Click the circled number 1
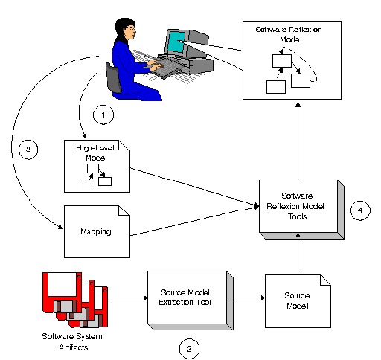coord(103,115)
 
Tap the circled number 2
coord(189,349)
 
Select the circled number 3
coord(28,150)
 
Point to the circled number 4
coord(360,210)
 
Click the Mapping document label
coord(96,231)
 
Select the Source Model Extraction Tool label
coord(185,298)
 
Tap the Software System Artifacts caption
coord(72,342)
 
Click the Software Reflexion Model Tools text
coord(295,206)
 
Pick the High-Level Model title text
coord(95,152)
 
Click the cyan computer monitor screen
coord(176,42)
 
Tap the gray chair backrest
coord(113,78)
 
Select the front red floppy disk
coord(62,292)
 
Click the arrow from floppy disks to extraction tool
coord(128,298)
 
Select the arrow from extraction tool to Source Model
coord(246,298)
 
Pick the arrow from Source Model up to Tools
coord(298,253)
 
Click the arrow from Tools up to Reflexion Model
coord(298,141)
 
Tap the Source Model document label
coord(297,300)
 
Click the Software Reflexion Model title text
coord(289,34)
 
